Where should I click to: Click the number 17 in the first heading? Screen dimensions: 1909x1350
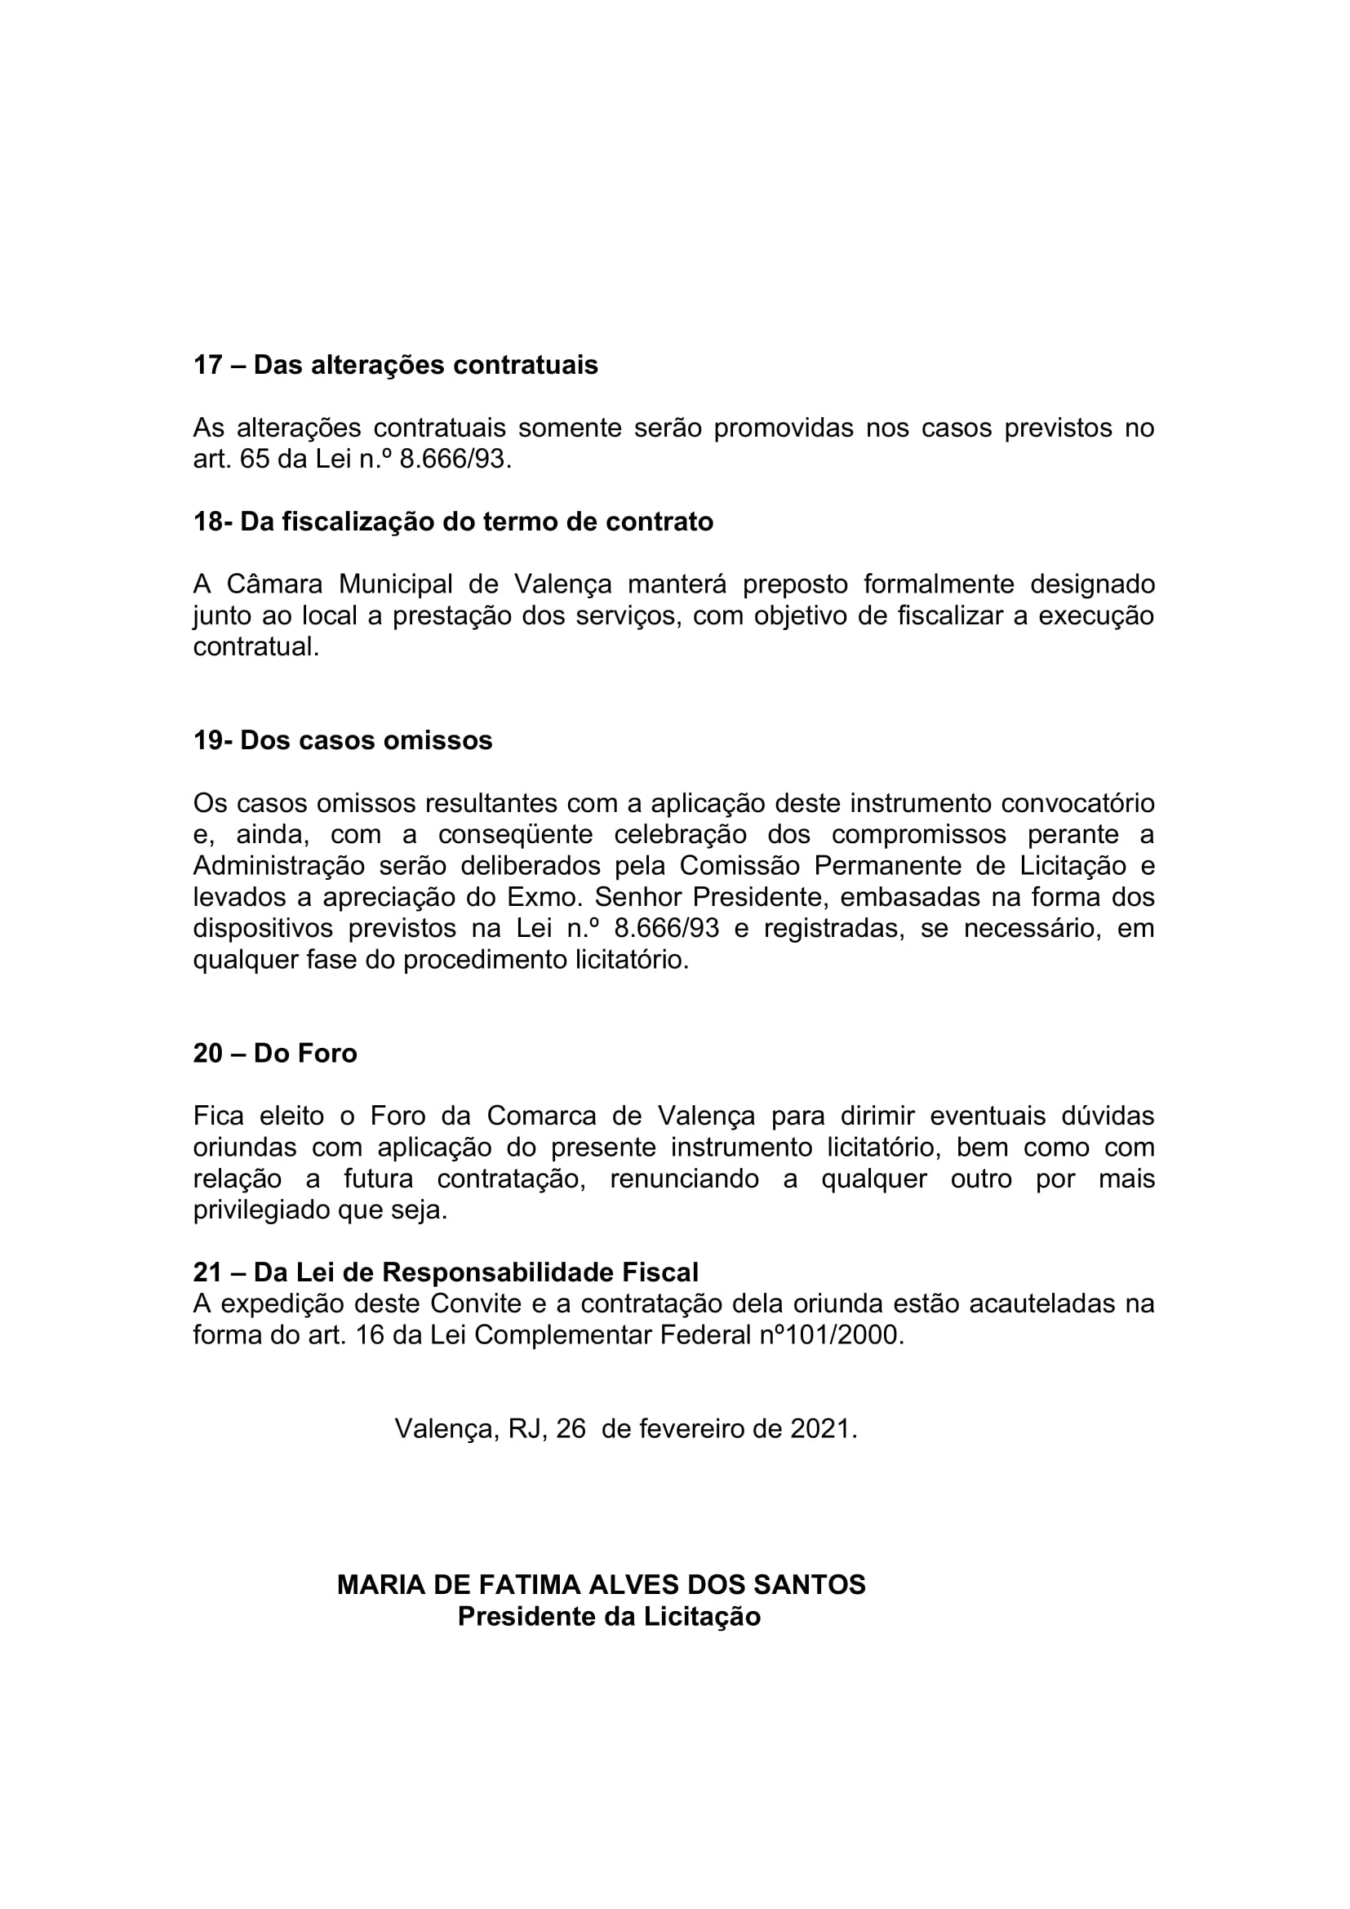(207, 365)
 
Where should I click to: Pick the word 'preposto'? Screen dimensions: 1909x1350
(795, 584)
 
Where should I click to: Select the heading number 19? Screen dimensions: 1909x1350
(208, 740)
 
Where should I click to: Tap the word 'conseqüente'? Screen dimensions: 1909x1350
(515, 835)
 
